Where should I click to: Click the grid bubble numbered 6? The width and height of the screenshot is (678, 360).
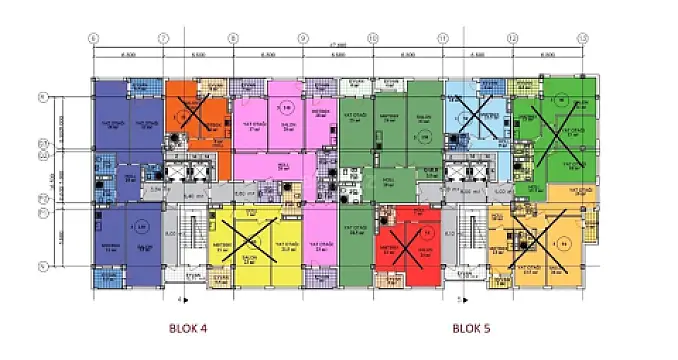pyautogui.click(x=93, y=38)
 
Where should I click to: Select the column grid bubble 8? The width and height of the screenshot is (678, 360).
pyautogui.click(x=232, y=38)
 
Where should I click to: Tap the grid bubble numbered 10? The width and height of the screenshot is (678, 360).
pyautogui.click(x=372, y=38)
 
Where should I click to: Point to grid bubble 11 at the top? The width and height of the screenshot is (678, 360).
pyautogui.click(x=442, y=38)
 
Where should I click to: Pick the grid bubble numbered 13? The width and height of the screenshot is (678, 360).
pyautogui.click(x=582, y=38)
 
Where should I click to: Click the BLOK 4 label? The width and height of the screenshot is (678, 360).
pyautogui.click(x=186, y=327)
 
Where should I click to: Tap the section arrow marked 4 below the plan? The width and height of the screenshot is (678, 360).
pyautogui.click(x=181, y=298)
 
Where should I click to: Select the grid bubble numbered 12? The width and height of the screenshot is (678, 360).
pyautogui.click(x=512, y=38)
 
